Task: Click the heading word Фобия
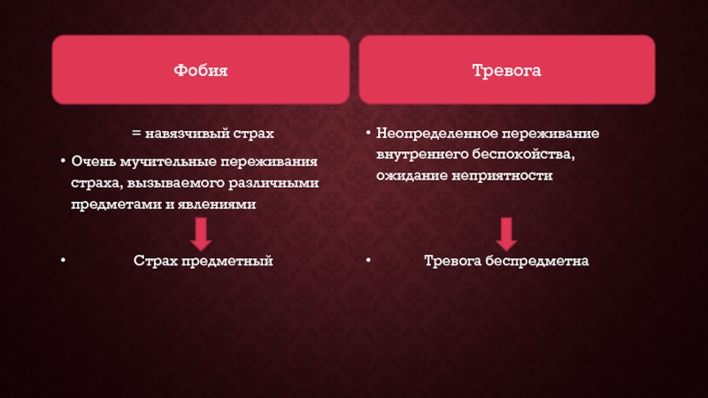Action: (201, 71)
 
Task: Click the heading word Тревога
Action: (506, 71)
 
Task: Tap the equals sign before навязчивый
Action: (136, 134)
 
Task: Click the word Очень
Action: (94, 161)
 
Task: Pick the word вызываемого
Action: (175, 183)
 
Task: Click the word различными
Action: (273, 183)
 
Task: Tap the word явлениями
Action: (217, 204)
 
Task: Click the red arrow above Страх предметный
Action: (201, 234)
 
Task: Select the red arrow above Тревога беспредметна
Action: (506, 234)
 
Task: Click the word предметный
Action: (227, 261)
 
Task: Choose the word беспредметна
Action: (537, 261)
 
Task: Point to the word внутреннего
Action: (423, 154)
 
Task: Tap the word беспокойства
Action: (524, 155)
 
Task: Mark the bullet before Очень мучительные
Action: (63, 161)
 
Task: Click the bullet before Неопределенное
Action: (368, 133)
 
